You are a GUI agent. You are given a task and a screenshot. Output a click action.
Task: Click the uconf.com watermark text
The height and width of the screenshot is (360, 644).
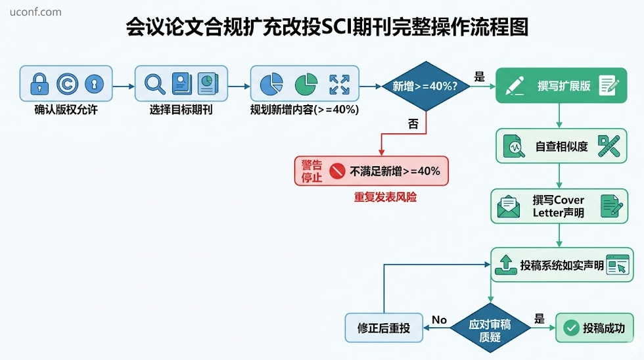(x=35, y=12)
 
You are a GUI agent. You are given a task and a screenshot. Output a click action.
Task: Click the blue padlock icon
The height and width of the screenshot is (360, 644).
(x=39, y=83)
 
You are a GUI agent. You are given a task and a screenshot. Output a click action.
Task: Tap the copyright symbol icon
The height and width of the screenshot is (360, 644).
(x=67, y=83)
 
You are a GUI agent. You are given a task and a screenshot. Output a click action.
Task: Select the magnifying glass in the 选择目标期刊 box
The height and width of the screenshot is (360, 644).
(x=154, y=83)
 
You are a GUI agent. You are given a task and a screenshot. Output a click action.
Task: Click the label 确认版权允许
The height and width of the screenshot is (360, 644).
(x=66, y=110)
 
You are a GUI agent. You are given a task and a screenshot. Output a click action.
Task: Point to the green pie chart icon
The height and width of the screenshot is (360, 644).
(x=306, y=84)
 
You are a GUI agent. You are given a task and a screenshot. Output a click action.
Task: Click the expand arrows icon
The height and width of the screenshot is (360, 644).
(x=339, y=85)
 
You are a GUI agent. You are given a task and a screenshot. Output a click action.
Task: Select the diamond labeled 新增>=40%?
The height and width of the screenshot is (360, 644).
(x=426, y=86)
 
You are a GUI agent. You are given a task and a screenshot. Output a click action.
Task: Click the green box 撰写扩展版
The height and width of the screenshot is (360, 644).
(x=561, y=85)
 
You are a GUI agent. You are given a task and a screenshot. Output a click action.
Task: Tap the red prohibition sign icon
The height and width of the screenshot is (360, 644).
(x=337, y=171)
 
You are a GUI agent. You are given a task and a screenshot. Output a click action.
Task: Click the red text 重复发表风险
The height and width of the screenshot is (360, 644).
(x=385, y=198)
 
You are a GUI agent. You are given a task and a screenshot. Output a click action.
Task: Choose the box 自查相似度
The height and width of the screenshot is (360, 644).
(x=561, y=146)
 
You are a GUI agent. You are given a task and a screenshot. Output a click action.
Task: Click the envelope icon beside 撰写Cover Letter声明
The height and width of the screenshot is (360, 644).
(x=509, y=207)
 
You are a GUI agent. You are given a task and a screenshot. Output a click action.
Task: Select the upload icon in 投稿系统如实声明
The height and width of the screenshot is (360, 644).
(x=506, y=265)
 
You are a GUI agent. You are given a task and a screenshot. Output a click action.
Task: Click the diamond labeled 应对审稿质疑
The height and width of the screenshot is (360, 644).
(x=490, y=328)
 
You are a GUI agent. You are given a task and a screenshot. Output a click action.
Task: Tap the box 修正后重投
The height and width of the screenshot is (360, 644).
(x=384, y=328)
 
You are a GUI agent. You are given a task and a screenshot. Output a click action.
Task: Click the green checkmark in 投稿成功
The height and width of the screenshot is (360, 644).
(x=571, y=328)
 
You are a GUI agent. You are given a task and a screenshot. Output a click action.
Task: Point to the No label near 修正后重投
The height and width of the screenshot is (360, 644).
(x=439, y=320)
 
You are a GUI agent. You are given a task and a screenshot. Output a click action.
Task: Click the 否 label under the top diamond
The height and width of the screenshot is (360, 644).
(x=413, y=124)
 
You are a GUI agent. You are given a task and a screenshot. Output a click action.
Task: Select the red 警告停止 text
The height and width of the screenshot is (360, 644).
(x=311, y=171)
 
